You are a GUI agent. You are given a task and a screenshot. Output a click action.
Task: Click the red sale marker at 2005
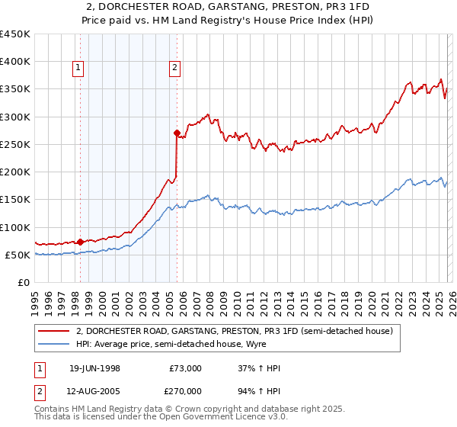tap(177, 133)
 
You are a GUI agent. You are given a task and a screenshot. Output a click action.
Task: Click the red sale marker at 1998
tap(81, 242)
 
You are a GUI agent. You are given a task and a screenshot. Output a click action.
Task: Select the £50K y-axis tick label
tap(17, 255)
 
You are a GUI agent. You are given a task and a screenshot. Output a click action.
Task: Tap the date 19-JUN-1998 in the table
tap(94, 369)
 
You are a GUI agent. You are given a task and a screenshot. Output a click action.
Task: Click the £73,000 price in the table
tap(185, 369)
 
